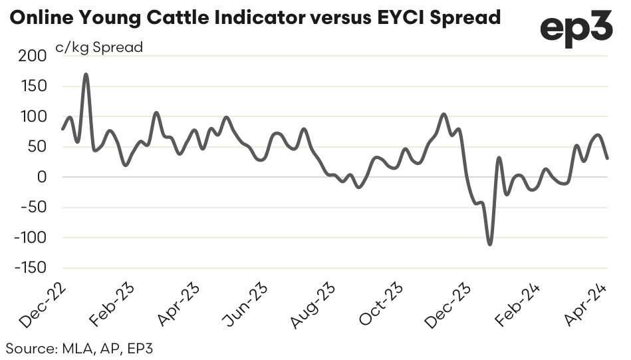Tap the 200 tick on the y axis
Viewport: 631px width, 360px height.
tap(32, 57)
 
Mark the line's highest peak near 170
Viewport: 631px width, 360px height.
tap(86, 74)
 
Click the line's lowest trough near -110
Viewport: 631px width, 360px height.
tap(490, 244)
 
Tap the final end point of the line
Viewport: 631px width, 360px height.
tap(608, 158)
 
